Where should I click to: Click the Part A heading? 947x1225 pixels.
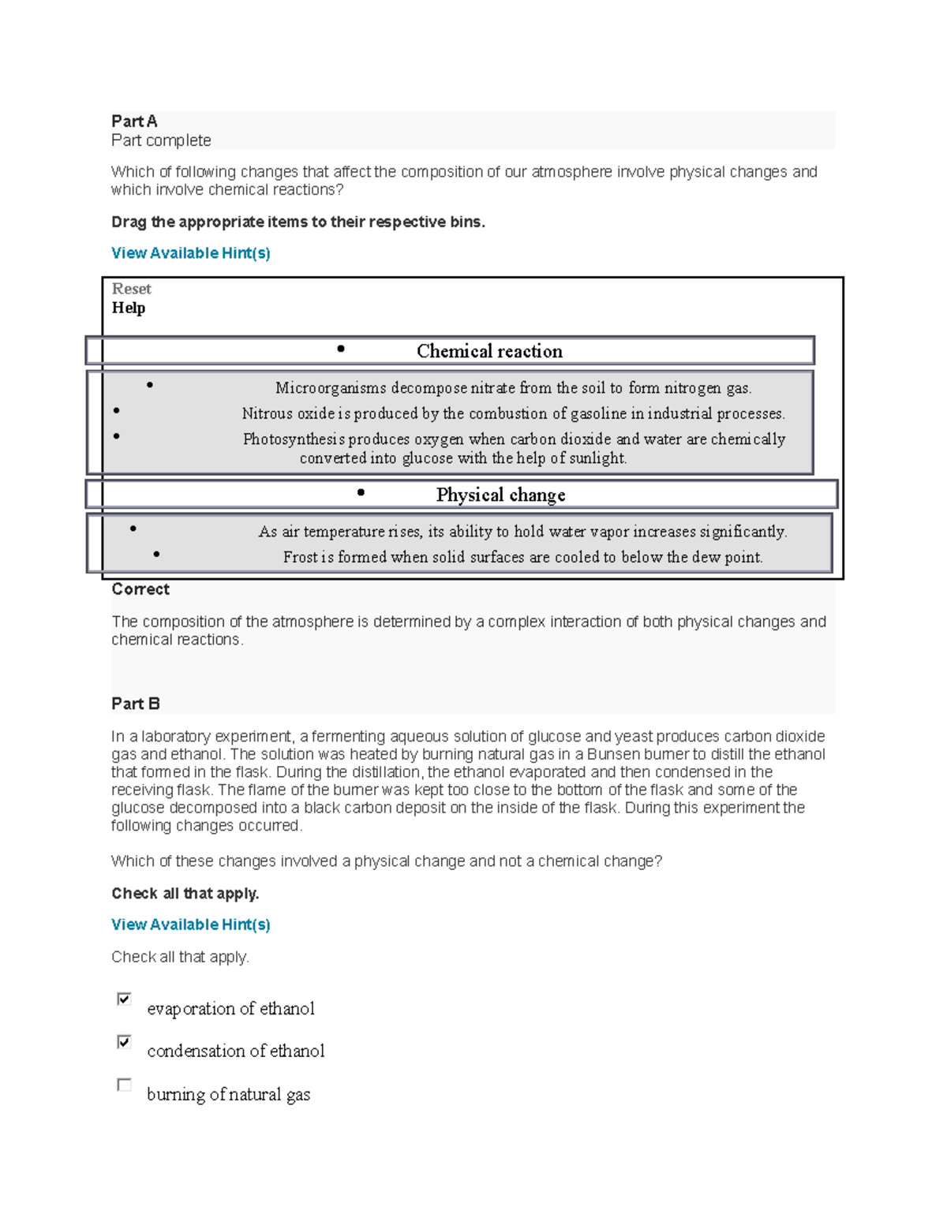(134, 121)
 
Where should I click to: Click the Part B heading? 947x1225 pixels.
(136, 704)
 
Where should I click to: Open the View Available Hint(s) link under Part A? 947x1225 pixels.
(190, 253)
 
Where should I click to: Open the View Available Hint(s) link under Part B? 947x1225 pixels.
(190, 924)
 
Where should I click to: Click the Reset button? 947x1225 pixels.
(131, 289)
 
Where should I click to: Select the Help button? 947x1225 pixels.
(128, 308)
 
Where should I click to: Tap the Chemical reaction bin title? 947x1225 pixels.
(489, 351)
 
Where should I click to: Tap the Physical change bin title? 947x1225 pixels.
(500, 495)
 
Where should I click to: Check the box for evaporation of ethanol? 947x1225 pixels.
(124, 999)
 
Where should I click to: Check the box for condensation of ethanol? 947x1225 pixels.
(124, 1042)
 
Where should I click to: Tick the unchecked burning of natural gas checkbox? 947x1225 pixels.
(124, 1085)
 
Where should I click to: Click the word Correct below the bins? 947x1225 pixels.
(140, 589)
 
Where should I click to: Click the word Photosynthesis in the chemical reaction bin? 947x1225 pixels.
(294, 439)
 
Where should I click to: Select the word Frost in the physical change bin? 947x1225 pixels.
(300, 558)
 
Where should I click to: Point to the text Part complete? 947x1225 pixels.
(161, 140)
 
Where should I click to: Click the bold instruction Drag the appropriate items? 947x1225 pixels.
(298, 222)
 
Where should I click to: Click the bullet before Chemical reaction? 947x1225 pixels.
(341, 349)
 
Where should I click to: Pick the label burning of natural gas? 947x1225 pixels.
(228, 1094)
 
